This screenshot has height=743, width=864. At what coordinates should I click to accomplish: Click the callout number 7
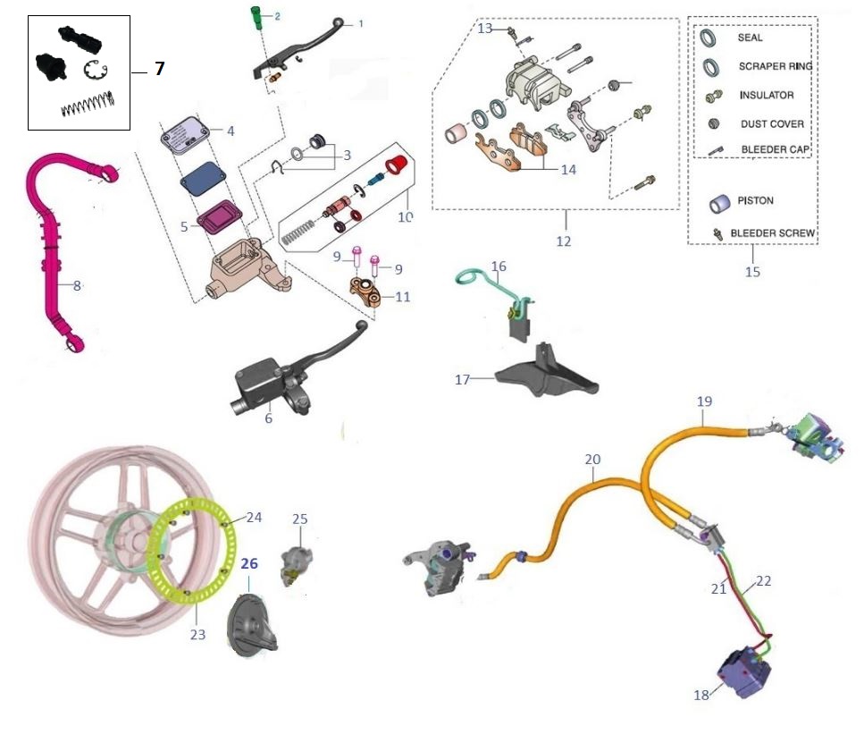(x=159, y=69)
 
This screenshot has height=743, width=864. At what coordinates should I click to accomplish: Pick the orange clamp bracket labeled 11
(x=366, y=291)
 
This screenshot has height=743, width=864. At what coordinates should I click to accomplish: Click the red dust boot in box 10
(x=395, y=165)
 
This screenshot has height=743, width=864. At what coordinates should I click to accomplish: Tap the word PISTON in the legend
(x=755, y=201)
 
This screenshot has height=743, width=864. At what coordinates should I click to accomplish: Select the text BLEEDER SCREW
(x=772, y=233)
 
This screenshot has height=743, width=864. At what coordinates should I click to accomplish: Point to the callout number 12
(x=563, y=241)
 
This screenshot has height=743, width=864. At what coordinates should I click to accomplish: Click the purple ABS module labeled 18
(x=741, y=671)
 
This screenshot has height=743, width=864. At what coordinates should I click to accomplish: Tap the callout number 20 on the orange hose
(x=592, y=459)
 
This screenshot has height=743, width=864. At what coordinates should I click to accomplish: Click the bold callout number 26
(x=248, y=564)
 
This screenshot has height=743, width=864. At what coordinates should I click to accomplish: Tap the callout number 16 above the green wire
(x=498, y=266)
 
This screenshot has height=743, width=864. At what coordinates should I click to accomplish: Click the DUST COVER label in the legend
(x=771, y=124)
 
